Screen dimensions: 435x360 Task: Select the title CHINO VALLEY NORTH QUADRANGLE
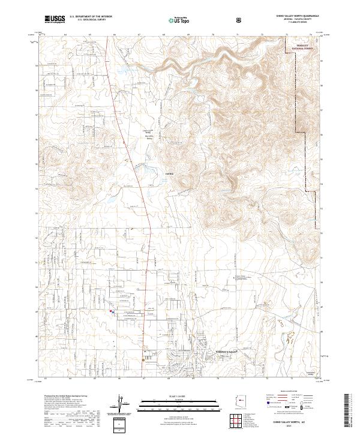[x=296, y=17]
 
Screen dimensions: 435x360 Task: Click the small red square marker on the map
[x=110, y=311]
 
